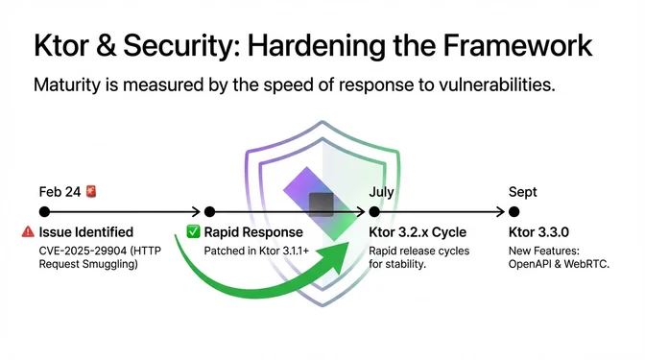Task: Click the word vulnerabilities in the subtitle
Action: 489,86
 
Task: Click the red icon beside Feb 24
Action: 91,192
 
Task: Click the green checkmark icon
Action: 193,232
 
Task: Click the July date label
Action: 381,192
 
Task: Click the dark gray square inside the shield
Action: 322,204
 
